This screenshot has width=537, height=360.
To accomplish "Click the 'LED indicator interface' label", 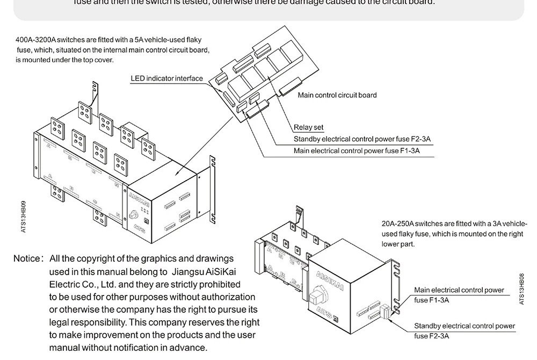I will (x=167, y=78).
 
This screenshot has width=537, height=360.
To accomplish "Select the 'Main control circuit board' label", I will (x=337, y=95).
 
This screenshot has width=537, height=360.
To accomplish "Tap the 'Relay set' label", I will (x=308, y=127).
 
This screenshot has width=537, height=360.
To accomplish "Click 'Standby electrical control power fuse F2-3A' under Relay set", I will (x=362, y=139).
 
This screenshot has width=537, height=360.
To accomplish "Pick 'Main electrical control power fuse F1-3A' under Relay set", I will (x=357, y=151).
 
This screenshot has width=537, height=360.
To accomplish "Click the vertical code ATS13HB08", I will (x=522, y=289).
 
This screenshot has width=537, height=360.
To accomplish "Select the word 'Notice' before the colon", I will (x=26, y=259).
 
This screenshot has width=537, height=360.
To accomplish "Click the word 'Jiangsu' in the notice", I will (x=190, y=272).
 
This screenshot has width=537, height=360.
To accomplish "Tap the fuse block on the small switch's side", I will (x=384, y=311).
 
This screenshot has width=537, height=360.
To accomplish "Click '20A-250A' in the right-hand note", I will (x=397, y=224).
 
